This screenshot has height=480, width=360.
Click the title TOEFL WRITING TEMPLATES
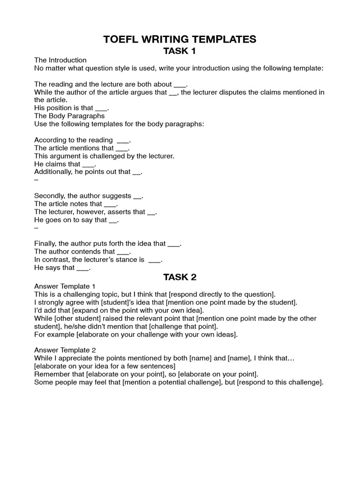pos(180,39)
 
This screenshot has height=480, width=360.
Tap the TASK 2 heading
pos(180,277)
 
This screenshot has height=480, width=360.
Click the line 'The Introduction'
pos(60,60)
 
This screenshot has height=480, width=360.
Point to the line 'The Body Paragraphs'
pos(69,116)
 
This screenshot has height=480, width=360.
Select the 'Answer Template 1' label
pos(65,286)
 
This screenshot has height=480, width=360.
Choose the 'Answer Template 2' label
pos(65,350)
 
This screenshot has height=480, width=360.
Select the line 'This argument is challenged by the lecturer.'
pos(104,156)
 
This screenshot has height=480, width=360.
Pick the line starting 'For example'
pos(136,334)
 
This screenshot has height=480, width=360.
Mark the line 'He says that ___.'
pos(62,268)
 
